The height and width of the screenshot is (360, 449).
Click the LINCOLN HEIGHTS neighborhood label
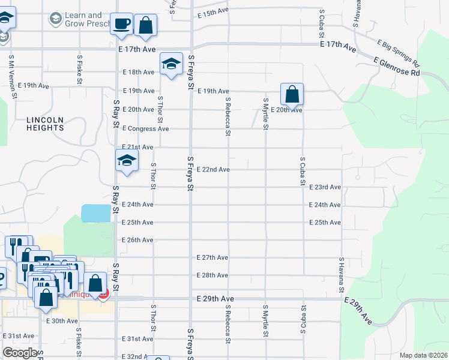tap(45, 124)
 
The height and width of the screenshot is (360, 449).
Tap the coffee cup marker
tap(122, 25)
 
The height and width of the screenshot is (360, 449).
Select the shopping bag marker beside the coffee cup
tap(145, 25)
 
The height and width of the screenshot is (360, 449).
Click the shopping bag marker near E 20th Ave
tap(292, 94)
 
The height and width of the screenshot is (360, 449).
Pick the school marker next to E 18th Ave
tap(171, 64)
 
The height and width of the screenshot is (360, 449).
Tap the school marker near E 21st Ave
tap(127, 161)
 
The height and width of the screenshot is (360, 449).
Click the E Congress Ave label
tap(146, 128)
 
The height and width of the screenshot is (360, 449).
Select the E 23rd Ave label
tap(325, 187)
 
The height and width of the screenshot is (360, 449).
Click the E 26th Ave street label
tap(137, 240)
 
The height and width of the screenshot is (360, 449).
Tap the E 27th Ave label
tap(212, 257)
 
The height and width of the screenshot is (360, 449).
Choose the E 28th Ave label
tap(212, 275)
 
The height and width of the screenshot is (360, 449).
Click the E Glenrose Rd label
tap(396, 66)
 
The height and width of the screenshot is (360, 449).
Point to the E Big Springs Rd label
tap(398, 52)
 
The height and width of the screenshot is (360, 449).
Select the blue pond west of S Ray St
tap(96, 212)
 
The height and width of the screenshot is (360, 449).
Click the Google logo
tap(20, 353)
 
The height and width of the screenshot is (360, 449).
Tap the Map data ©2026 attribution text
tap(423, 355)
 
